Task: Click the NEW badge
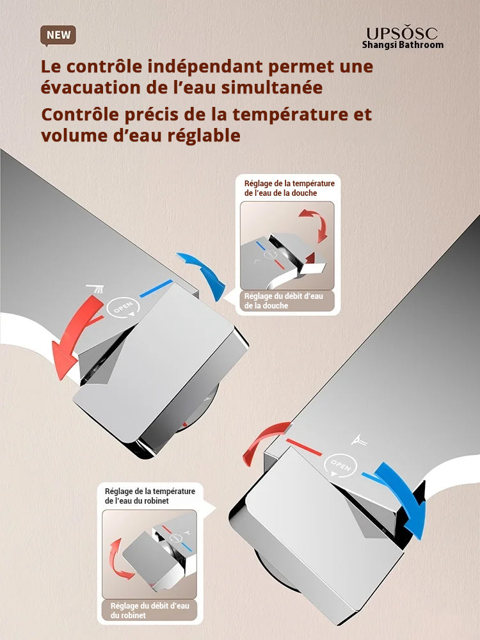pyautogui.click(x=58, y=35)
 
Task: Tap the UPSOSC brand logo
pyautogui.click(x=402, y=33)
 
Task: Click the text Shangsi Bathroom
pyautogui.click(x=402, y=45)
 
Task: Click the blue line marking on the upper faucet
pyautogui.click(x=156, y=288)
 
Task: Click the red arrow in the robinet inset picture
pyautogui.click(x=119, y=558)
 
